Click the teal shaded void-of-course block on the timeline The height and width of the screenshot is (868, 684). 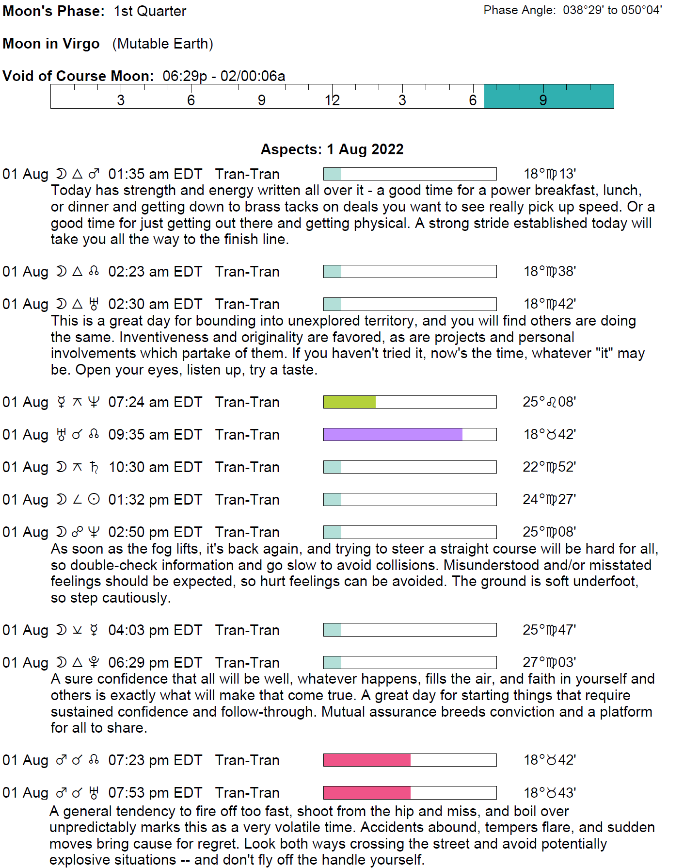[549, 96]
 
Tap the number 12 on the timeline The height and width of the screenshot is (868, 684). [332, 100]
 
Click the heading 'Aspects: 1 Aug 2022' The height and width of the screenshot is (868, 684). [332, 149]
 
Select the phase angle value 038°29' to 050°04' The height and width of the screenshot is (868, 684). [612, 10]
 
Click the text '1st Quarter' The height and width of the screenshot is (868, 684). [150, 11]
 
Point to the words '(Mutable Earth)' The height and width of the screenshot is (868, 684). [163, 44]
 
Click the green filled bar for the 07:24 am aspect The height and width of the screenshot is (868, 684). [350, 402]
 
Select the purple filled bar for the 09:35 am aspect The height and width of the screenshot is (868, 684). [393, 434]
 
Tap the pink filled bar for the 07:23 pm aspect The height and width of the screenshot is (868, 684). [367, 760]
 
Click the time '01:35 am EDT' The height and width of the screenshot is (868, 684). [155, 174]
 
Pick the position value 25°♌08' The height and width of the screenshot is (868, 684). [549, 402]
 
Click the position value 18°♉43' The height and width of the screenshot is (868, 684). [549, 792]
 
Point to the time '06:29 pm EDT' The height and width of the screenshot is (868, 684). [155, 662]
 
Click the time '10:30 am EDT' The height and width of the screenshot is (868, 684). [155, 467]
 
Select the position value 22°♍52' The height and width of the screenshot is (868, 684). [549, 467]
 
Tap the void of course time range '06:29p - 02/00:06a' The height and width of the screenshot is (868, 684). [223, 76]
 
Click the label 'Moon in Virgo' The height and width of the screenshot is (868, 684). [51, 44]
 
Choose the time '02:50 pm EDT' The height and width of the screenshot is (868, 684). [155, 532]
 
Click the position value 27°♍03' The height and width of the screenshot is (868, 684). [549, 662]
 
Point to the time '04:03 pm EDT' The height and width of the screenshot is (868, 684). [155, 630]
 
